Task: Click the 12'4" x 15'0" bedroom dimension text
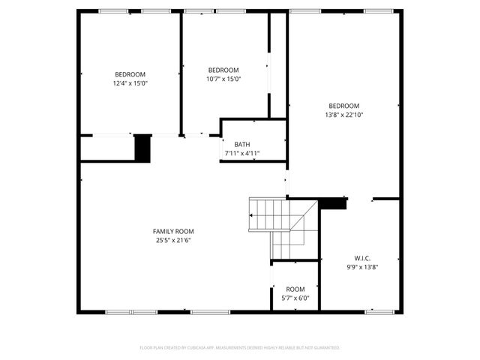(x=130, y=84)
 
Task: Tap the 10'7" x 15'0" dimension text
(x=223, y=79)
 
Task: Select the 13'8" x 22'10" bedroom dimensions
(x=344, y=115)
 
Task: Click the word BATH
(x=242, y=145)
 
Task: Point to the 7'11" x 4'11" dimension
(x=242, y=154)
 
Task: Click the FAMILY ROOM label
(x=173, y=231)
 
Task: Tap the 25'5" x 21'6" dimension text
(x=173, y=241)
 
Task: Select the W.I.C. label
(x=362, y=258)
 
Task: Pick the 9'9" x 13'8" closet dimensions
(x=362, y=267)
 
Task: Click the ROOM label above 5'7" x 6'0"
(x=295, y=289)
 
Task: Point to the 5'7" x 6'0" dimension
(x=295, y=298)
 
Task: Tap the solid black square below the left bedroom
(x=142, y=148)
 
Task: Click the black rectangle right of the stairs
(x=334, y=202)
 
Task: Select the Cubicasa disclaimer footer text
(x=240, y=348)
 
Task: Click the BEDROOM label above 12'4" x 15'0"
(x=130, y=74)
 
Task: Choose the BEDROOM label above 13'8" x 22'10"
(x=344, y=106)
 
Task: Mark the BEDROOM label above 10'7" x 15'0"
(x=223, y=70)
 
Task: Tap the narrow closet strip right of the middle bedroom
(x=278, y=65)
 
